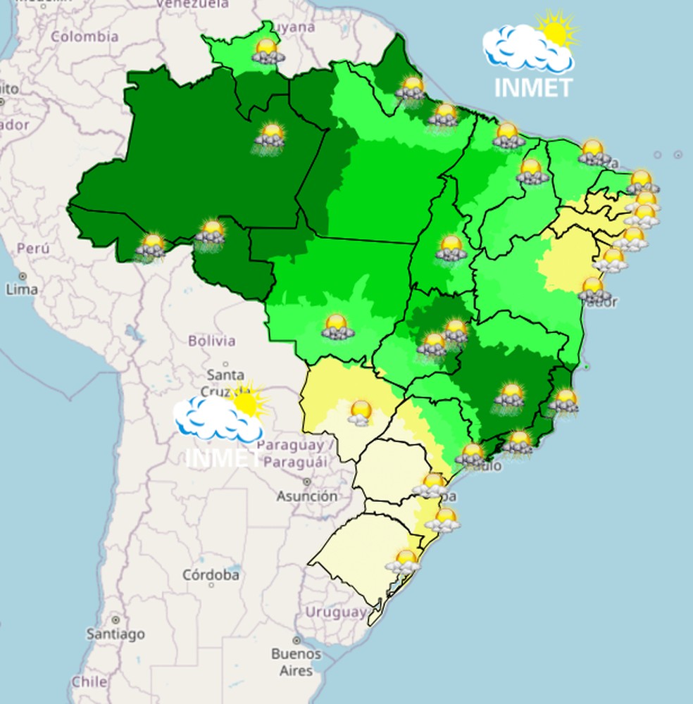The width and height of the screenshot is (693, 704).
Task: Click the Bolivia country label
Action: [211, 341]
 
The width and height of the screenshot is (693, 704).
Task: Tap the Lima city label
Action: [22, 289]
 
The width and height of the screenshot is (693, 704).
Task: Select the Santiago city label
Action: [115, 634]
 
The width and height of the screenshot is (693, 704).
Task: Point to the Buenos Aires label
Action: [296, 662]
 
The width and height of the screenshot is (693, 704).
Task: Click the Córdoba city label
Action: [211, 575]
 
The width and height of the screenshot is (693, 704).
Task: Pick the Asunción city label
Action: [306, 496]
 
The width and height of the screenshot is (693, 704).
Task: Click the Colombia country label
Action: [85, 37]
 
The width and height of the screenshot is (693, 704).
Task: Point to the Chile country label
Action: [89, 681]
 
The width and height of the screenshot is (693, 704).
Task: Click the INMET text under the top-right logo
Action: [533, 87]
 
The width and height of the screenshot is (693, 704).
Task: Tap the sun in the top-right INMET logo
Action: [556, 30]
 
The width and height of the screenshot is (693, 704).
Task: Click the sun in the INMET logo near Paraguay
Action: [246, 401]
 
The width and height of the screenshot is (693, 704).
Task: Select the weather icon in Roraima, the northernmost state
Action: [268, 51]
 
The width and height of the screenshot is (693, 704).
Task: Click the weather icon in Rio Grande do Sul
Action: [404, 562]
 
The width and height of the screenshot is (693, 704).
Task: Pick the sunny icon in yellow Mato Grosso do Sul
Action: [361, 413]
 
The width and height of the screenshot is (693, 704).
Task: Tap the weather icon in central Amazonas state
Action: [270, 136]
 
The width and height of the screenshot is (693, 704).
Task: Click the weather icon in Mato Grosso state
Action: [337, 327]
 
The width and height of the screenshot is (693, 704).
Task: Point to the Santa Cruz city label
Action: [225, 382]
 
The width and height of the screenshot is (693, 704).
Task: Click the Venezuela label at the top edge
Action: [192, 4]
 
